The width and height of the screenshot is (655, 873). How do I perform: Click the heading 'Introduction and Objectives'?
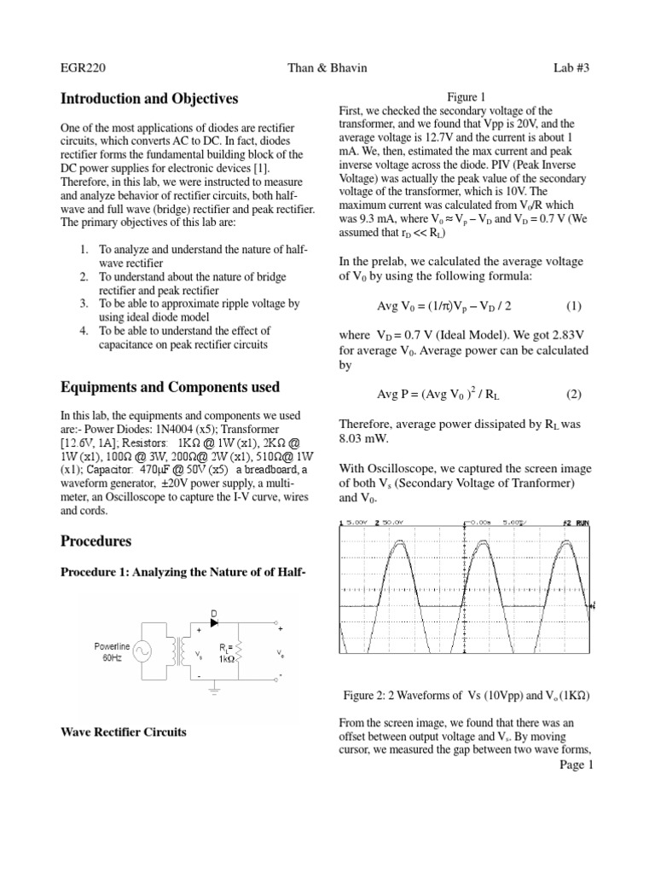149,99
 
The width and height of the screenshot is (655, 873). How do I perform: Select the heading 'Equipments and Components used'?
170,387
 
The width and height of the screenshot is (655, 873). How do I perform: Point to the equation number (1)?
574,305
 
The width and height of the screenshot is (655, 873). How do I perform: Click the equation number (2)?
574,394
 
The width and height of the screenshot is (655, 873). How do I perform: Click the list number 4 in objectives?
84,331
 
